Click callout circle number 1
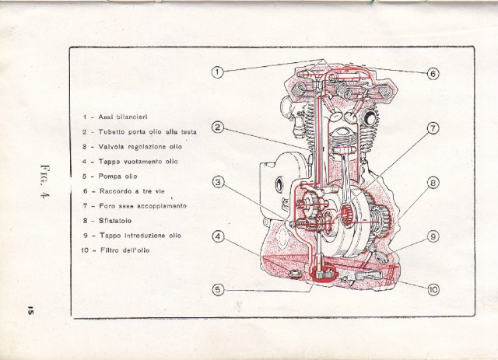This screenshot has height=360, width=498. pos(218,72)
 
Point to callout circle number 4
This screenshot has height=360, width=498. pos(219,236)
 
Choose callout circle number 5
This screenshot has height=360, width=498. pos(219,289)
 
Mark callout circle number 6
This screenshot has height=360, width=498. pos(433,75)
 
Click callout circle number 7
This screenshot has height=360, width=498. pos(433,129)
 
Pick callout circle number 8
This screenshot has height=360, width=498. pos(433,183)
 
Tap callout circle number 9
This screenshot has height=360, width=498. pos(433,236)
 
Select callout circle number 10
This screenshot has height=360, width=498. pos(433,289)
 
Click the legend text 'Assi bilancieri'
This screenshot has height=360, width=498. pos(124,117)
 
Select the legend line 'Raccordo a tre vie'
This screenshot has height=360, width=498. pos(133,190)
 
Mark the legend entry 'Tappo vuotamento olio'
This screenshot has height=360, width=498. pos(140,161)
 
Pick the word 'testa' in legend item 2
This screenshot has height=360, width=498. pos(188,131)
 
